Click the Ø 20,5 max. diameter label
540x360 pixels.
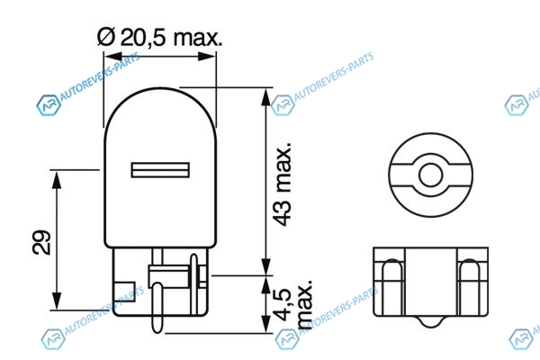159,37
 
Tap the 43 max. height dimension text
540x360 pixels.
283,184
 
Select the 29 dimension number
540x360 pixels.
41,242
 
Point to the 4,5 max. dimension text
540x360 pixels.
295,305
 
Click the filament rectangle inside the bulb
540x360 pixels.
160,170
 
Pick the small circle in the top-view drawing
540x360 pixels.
430,175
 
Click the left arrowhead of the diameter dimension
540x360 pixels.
113,57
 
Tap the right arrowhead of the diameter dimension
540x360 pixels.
207,57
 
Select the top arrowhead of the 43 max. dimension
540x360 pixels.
265,97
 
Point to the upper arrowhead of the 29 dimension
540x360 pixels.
57,179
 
